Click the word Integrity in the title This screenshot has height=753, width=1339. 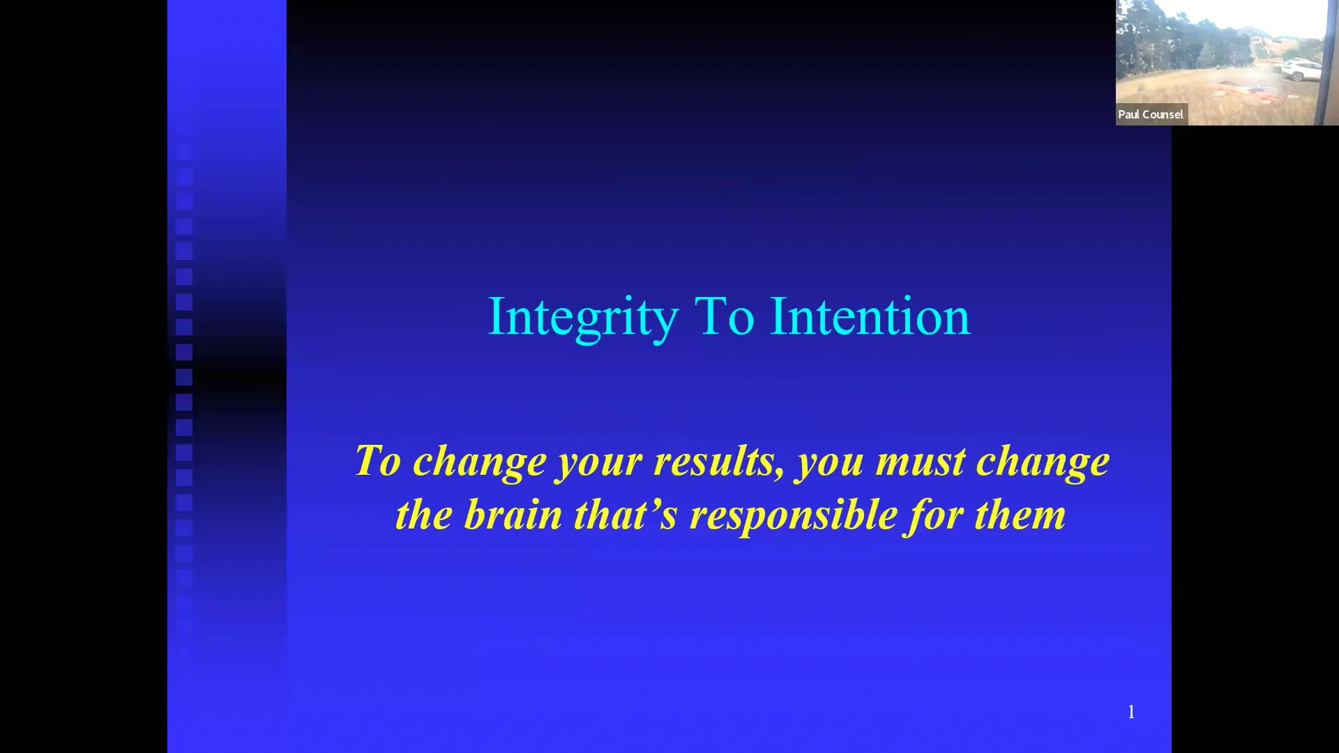click(582, 317)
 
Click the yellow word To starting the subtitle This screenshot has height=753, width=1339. click(377, 461)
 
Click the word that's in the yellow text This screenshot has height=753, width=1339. click(626, 515)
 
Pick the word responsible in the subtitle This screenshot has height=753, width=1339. click(794, 517)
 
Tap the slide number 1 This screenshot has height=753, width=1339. click(1131, 712)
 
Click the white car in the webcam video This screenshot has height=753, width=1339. click(1301, 69)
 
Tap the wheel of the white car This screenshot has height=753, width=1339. click(1298, 76)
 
